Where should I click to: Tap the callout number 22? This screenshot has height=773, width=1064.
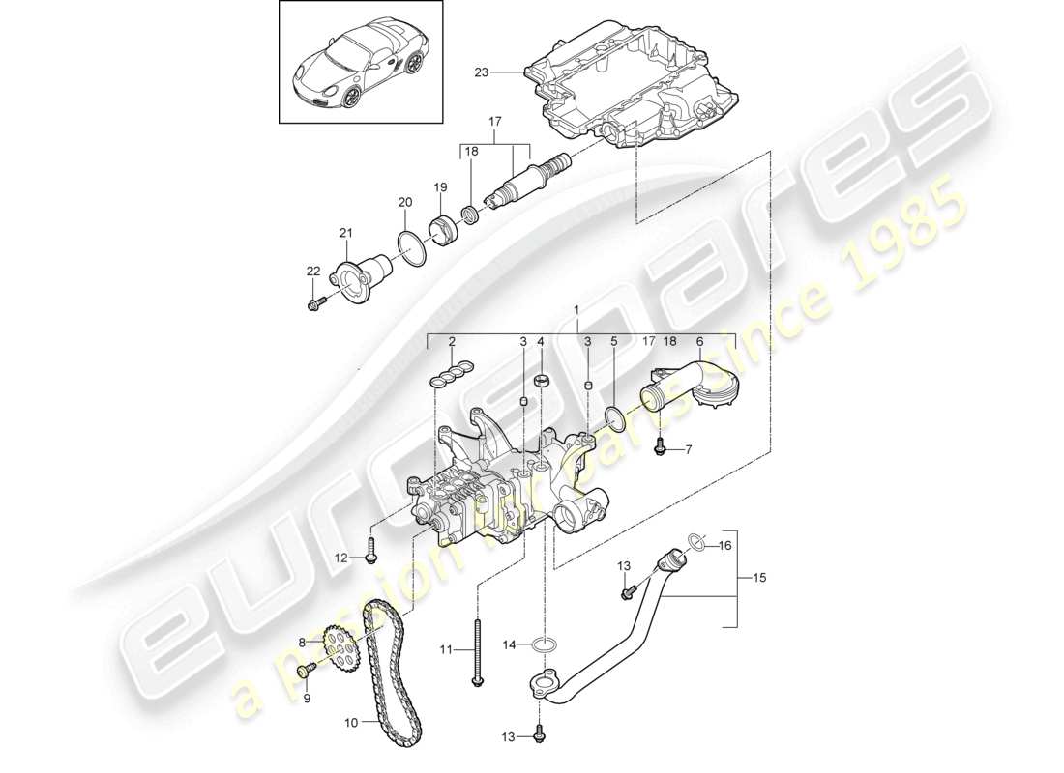click(312, 272)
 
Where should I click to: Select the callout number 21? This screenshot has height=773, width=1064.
click(346, 233)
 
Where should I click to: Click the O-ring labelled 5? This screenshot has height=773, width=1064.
click(612, 416)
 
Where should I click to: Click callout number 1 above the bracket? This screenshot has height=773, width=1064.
click(578, 310)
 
